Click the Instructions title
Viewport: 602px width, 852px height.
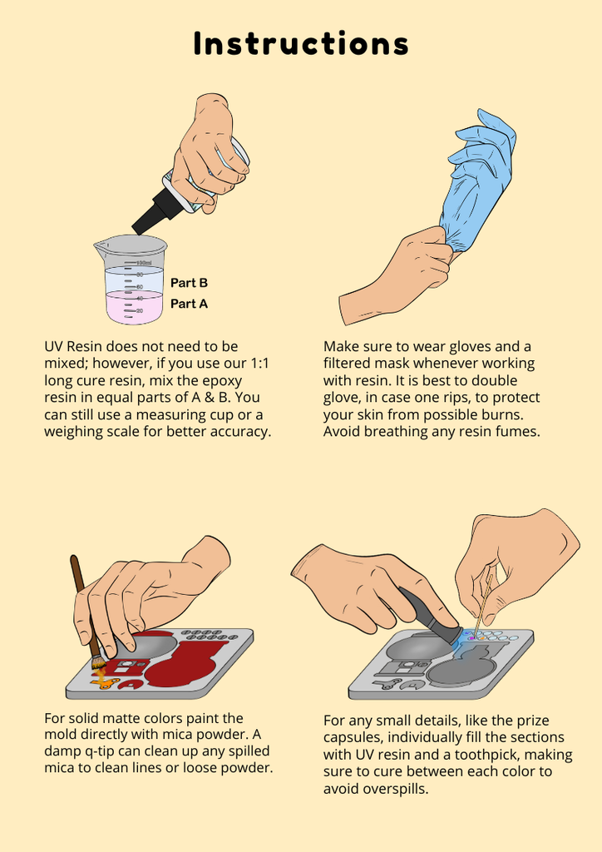coord(301,44)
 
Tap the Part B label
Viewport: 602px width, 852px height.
coord(189,283)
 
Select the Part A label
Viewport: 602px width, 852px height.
coord(189,303)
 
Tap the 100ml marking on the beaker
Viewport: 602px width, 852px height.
coord(144,263)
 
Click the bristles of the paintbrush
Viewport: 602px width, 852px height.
coord(98,663)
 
